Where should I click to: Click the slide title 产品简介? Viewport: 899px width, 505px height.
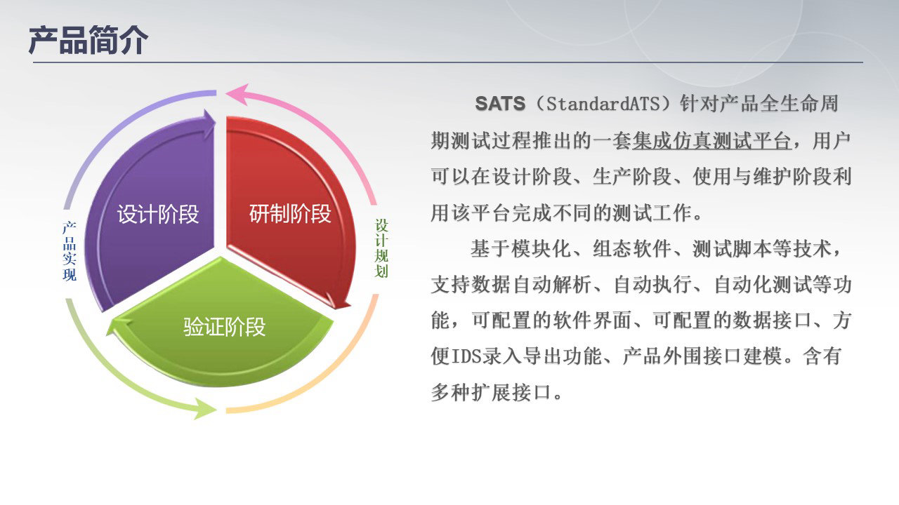point(88,40)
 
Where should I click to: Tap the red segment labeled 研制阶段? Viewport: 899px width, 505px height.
point(289,213)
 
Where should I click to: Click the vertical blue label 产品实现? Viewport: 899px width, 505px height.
point(70,251)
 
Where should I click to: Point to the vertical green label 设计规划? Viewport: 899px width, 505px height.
point(381,248)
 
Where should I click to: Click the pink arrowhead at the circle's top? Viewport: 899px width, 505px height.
point(237,94)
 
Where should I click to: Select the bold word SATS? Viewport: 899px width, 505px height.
point(500,104)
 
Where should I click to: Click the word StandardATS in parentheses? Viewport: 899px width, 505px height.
point(603,104)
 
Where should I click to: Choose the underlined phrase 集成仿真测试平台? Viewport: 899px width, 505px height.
point(711,141)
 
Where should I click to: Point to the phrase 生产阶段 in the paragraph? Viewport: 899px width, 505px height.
point(632,177)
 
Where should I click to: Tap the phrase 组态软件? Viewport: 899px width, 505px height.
point(632,248)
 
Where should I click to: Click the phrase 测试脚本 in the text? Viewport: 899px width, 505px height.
point(732,248)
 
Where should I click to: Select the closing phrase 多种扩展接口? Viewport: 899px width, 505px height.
point(491,392)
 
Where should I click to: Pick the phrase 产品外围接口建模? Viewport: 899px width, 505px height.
point(702,356)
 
